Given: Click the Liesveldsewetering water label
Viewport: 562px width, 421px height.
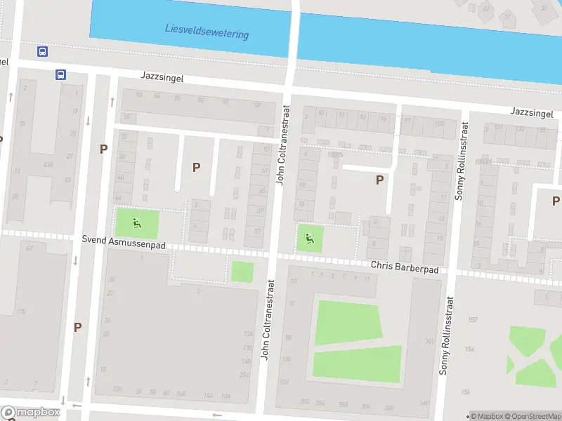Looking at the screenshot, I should [207, 31].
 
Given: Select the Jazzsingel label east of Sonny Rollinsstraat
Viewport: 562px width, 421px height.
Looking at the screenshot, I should [532, 113].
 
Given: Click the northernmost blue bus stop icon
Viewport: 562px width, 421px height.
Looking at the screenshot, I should [43, 51].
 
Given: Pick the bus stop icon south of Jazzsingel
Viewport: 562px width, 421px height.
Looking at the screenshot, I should [61, 74].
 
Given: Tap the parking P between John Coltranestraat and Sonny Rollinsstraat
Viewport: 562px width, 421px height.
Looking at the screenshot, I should [379, 180].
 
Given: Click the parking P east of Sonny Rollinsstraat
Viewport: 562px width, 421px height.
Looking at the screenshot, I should [556, 200].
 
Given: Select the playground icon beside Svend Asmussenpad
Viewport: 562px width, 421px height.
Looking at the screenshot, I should [137, 224].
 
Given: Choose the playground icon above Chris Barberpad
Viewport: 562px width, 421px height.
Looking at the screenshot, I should [308, 239].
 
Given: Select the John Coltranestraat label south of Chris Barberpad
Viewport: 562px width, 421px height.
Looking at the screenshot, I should [266, 320].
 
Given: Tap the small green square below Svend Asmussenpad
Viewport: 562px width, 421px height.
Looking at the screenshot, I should [242, 272].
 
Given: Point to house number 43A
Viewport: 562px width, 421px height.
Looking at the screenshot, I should [48, 164].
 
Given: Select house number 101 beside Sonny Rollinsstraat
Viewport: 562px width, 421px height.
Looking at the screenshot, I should [429, 342].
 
